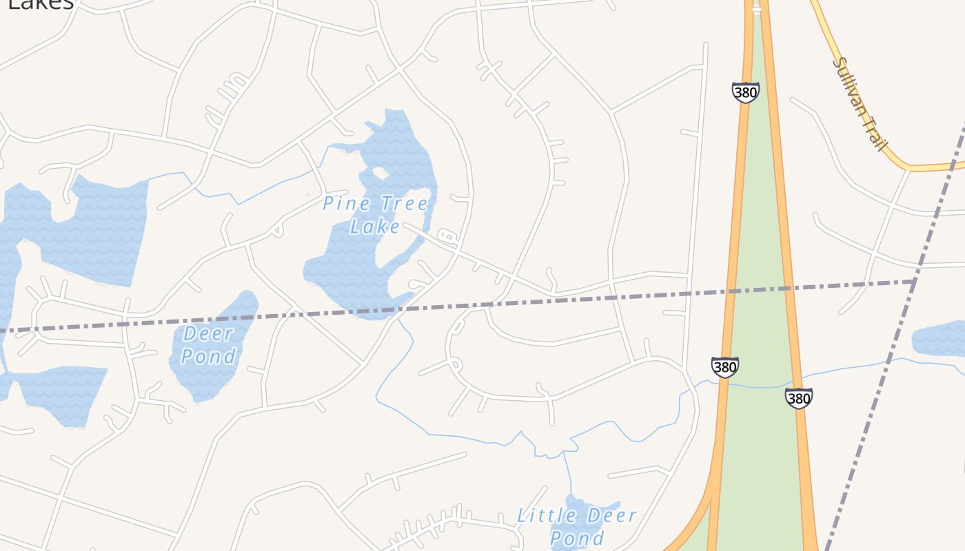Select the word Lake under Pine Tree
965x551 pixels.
point(375,226)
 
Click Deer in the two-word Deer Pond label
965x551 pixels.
point(208,334)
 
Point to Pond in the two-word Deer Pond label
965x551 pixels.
point(208,356)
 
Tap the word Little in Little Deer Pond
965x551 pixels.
point(543,515)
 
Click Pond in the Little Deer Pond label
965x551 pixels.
point(578,537)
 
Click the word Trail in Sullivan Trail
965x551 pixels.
point(875,134)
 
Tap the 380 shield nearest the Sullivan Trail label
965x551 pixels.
point(745,92)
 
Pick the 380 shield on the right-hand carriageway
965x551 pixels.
point(798,398)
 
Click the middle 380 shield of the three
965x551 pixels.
point(724,367)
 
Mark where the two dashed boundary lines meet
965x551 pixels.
point(915,281)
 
